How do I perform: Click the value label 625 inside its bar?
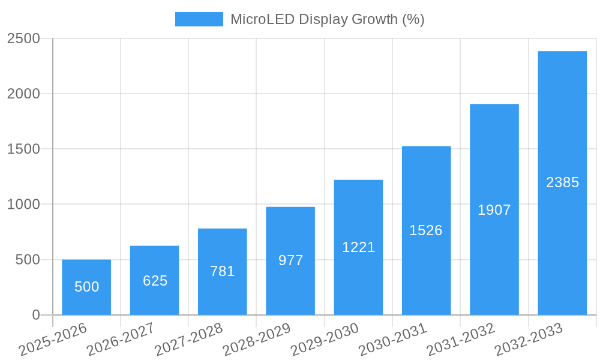[155, 281]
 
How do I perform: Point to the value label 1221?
[358, 247]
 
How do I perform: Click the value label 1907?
[494, 210]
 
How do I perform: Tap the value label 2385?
[562, 182]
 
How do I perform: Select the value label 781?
[222, 271]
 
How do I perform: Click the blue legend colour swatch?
[199, 19]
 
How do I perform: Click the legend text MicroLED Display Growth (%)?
[327, 19]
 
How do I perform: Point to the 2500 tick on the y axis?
[23, 39]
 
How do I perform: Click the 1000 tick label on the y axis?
[23, 205]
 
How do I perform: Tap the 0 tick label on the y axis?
[35, 315]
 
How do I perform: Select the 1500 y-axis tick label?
[23, 149]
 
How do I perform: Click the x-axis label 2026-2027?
[121, 340]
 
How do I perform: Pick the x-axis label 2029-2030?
[325, 340]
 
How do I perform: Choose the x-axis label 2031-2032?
[461, 340]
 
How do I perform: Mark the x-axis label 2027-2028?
[188, 340]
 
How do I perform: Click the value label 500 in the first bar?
[86, 287]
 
